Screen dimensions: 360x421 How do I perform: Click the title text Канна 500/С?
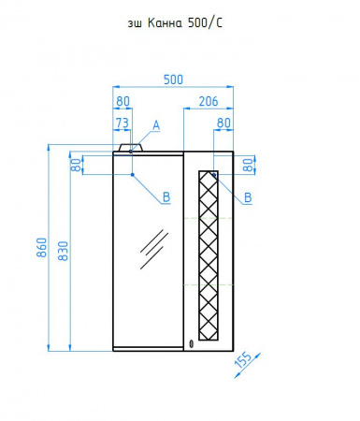coord(184,23)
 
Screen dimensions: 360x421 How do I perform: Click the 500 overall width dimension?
coord(173,80)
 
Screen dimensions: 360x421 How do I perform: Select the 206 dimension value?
coord(209,101)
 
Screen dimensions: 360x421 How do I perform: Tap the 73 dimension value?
coord(122,123)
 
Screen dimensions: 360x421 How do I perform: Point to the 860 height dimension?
coord(42,248)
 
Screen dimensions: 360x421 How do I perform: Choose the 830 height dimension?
coord(63,251)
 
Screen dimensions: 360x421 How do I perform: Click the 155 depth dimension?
coord(243,360)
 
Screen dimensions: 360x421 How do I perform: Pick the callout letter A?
coord(156,125)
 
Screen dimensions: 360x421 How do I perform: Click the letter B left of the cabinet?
coord(166,197)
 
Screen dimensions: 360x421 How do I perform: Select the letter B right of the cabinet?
coord(248,197)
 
